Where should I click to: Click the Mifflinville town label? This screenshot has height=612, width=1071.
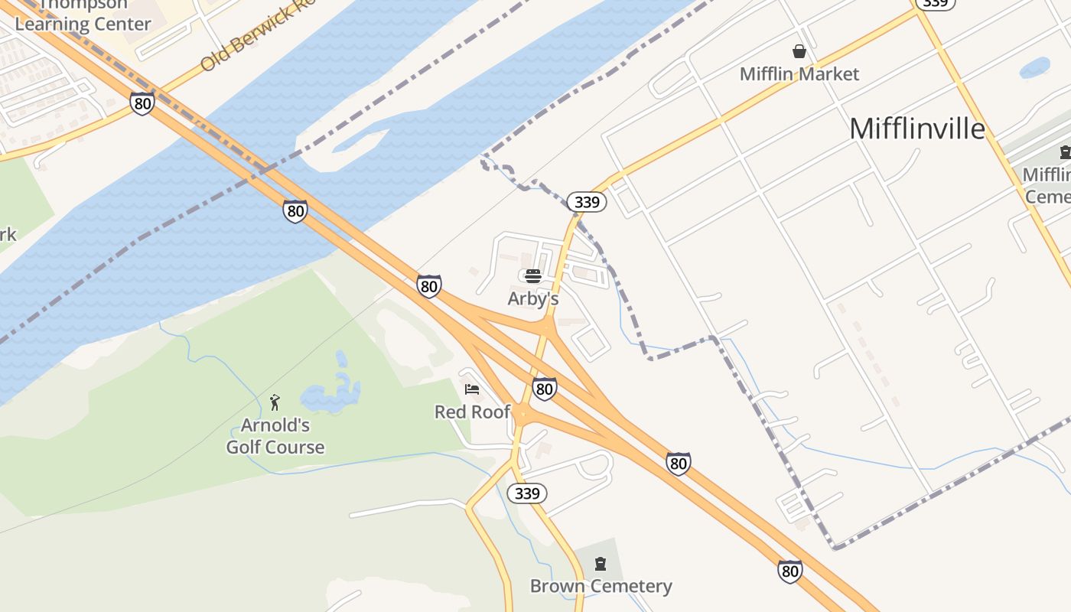917,129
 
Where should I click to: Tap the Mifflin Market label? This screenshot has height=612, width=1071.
799,74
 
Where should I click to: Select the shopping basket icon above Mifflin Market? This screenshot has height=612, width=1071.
799,51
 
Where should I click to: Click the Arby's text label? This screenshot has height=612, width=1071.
533,298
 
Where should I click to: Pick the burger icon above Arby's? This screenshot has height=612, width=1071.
533,275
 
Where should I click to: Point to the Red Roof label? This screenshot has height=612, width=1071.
472,412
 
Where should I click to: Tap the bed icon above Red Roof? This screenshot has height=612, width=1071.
472,389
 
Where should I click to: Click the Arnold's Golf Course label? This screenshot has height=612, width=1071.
275,436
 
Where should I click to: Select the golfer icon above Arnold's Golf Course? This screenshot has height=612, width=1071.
275,402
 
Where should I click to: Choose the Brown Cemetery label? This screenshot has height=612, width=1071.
601,587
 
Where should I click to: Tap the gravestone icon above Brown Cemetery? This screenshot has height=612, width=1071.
601,565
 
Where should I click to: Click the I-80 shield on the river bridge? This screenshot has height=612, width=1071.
295,211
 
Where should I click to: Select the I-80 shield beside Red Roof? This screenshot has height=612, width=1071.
544,389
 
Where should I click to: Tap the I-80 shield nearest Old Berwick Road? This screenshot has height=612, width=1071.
142,103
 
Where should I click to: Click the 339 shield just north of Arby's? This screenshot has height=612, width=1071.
587,202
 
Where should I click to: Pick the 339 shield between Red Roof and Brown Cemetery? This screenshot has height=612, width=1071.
527,493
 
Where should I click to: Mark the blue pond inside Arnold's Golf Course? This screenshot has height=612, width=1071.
331,394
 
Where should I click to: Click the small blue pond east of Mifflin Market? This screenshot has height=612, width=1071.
1035,67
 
